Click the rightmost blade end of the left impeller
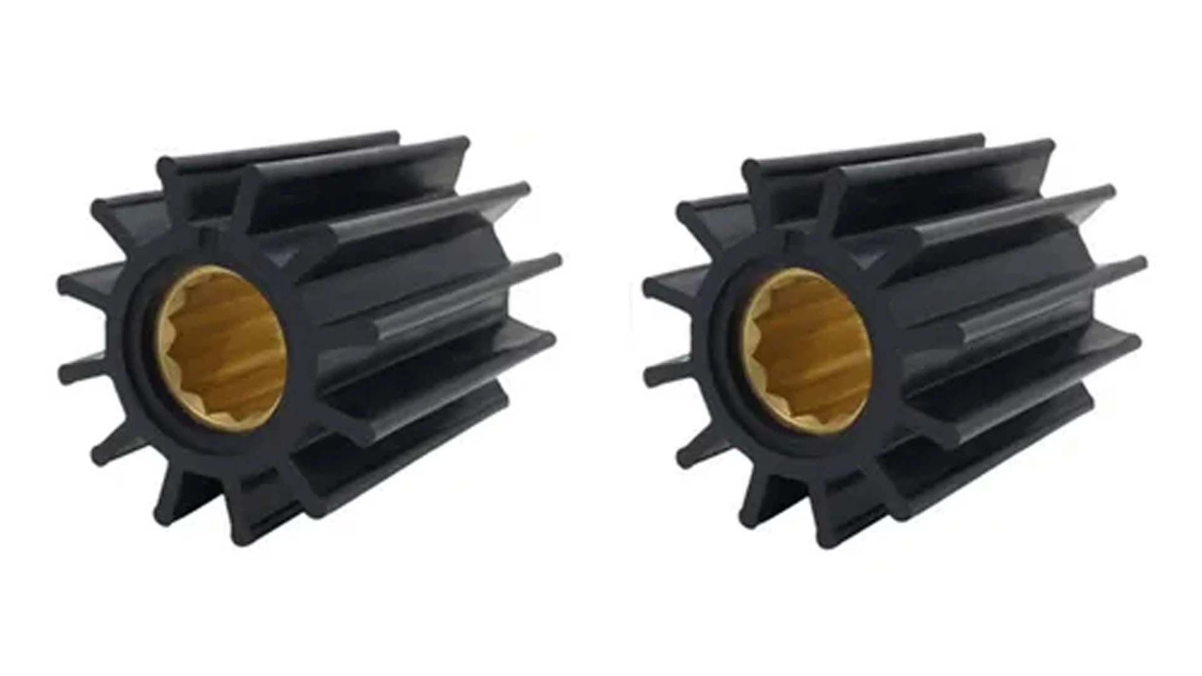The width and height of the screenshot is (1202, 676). click(x=551, y=263)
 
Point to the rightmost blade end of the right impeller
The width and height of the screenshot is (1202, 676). click(x=1137, y=263)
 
